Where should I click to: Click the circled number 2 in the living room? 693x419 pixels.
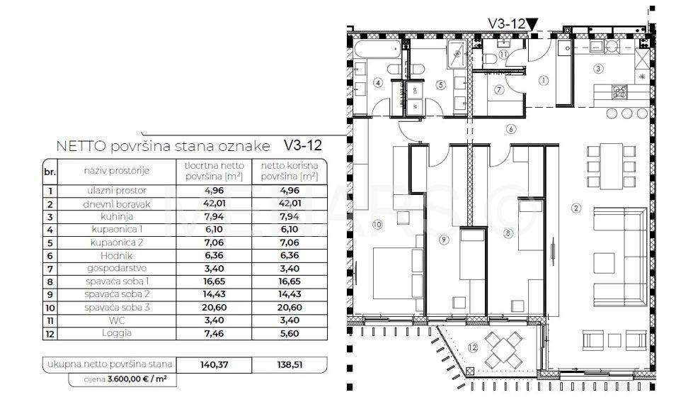[575, 208]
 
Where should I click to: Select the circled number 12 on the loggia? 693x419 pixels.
[473, 347]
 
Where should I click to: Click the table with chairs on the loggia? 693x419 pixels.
[507, 350]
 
